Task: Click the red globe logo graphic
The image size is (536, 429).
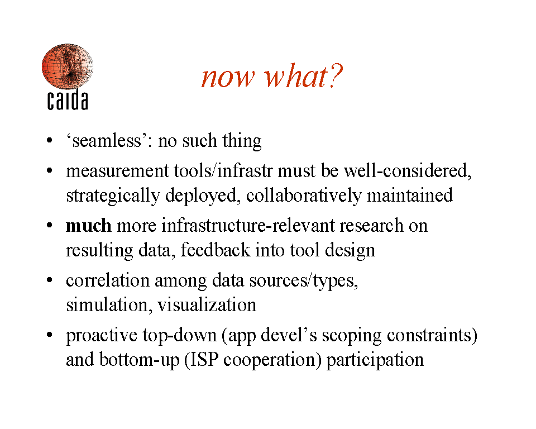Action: click(x=68, y=66)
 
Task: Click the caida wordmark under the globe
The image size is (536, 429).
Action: click(x=68, y=100)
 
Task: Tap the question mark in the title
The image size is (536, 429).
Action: click(x=336, y=76)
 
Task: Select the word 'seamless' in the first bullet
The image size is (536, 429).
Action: click(x=107, y=141)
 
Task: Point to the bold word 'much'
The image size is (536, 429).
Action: click(x=89, y=226)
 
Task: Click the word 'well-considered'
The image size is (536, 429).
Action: click(x=406, y=171)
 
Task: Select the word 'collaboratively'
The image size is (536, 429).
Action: click(x=304, y=196)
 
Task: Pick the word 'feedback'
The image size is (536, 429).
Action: click(x=216, y=250)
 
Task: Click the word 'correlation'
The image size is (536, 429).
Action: click(x=108, y=280)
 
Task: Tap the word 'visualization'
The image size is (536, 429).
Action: click(x=207, y=305)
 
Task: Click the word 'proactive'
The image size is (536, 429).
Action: click(x=102, y=336)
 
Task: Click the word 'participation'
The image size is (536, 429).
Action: click(x=375, y=360)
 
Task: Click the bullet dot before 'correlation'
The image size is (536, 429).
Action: click(x=50, y=280)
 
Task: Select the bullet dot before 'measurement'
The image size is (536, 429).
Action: click(x=50, y=170)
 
